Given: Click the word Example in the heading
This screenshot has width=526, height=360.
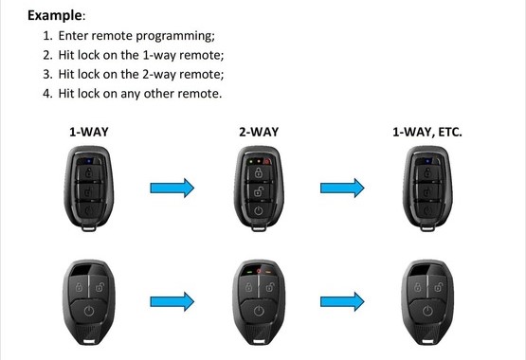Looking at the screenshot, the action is [x=54, y=15].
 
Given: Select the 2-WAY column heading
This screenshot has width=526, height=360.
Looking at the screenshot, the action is [x=259, y=132].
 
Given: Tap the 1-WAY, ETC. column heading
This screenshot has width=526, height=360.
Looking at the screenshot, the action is [x=427, y=132].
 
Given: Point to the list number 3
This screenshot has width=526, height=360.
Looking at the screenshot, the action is [x=47, y=74].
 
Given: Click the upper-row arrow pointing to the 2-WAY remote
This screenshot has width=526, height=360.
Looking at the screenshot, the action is [x=172, y=188].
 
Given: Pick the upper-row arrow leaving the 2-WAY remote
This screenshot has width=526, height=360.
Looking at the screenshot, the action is [x=342, y=188].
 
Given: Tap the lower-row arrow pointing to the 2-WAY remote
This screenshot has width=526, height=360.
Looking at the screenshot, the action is [x=172, y=301].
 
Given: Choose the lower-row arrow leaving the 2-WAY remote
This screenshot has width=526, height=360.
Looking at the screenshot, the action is [x=342, y=301].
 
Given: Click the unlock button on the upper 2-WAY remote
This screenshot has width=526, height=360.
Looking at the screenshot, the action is [x=259, y=192].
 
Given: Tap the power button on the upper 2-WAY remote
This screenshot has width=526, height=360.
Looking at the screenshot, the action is [x=259, y=210].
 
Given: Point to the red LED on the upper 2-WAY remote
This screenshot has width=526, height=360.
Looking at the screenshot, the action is [x=267, y=162].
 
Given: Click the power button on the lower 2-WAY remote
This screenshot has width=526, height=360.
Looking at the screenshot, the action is [x=259, y=311].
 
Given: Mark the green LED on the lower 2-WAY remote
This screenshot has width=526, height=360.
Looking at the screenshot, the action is [x=249, y=272].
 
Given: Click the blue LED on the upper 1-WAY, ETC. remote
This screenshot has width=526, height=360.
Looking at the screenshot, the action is [x=427, y=161].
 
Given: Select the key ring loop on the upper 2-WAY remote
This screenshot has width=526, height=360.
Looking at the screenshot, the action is [x=259, y=228].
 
